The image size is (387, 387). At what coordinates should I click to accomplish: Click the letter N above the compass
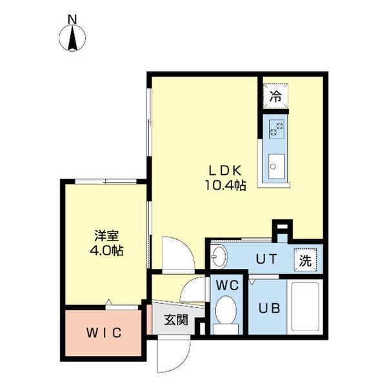[72, 19]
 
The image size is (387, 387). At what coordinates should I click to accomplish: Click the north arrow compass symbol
[72, 38]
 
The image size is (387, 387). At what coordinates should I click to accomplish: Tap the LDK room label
[225, 170]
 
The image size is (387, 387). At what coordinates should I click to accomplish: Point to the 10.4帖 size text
[225, 185]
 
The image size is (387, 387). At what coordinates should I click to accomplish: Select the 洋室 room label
[106, 236]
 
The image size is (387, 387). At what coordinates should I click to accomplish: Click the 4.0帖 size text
[106, 251]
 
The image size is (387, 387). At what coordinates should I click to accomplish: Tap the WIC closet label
[104, 333]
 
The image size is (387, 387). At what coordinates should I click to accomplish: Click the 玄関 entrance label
[176, 320]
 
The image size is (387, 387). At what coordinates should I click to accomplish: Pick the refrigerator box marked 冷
[275, 96]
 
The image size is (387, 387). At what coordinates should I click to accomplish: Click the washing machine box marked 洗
[306, 260]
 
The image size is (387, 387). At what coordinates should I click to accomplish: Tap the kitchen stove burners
[277, 130]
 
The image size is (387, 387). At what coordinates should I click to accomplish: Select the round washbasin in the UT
[219, 257]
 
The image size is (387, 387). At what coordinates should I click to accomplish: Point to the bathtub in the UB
[305, 307]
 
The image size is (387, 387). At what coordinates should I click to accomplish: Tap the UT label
[266, 259]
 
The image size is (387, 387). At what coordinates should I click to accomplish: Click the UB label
[269, 308]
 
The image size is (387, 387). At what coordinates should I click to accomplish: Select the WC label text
[227, 285]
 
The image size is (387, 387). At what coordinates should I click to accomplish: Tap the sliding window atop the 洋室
[106, 181]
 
